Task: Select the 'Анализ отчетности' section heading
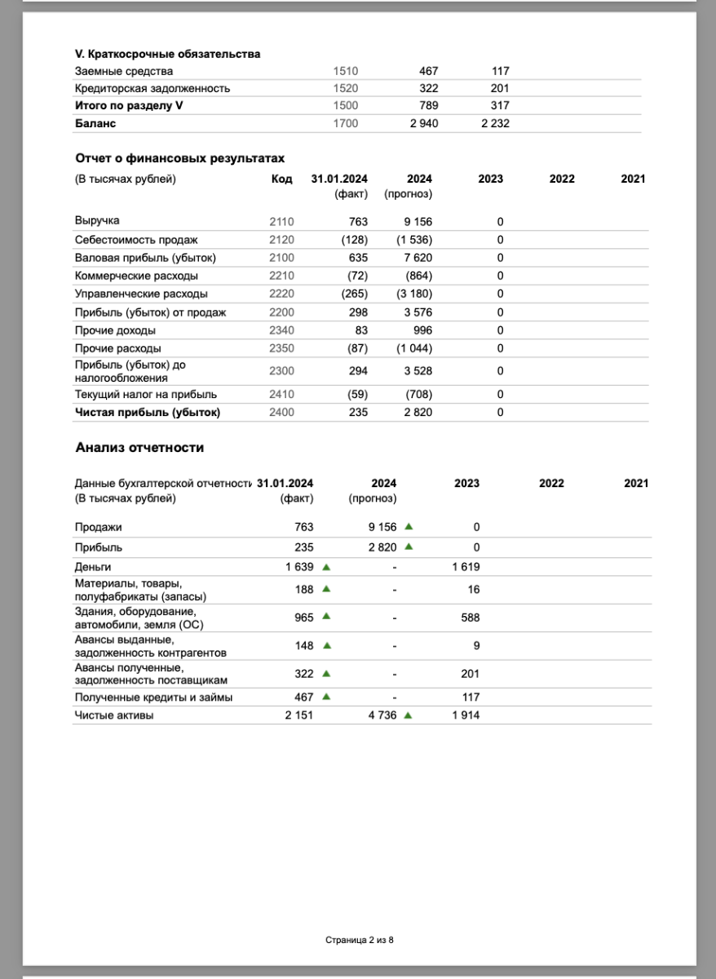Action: click(139, 448)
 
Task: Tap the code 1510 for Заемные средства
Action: click(346, 71)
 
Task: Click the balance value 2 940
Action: click(423, 123)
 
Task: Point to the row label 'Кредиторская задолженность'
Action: click(152, 88)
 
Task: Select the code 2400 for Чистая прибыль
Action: click(281, 413)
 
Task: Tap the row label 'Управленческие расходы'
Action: click(141, 294)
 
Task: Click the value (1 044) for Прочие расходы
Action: click(414, 348)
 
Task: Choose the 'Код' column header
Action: click(281, 179)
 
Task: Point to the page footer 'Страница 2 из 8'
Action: click(360, 940)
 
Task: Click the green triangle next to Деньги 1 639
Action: click(326, 566)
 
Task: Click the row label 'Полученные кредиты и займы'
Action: click(153, 698)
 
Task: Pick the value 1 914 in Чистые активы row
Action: click(466, 715)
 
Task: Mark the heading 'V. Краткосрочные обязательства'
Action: click(167, 54)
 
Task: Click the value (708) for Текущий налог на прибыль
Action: click(418, 395)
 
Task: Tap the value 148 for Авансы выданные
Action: click(304, 645)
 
